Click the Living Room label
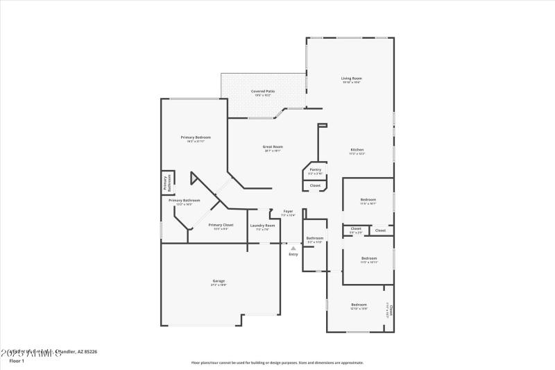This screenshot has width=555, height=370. [351, 78]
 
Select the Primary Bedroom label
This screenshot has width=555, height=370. [196, 137]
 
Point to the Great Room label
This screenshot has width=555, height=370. [273, 146]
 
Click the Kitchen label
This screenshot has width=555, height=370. [357, 150]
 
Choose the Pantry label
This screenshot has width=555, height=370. [315, 169]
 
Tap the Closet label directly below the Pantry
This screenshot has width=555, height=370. [315, 185]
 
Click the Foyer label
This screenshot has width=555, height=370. [288, 211]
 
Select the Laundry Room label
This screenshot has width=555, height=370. [262, 226]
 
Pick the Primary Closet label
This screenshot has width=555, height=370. [221, 225]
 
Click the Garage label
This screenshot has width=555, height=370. [219, 281]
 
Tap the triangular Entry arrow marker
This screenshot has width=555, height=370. [293, 248]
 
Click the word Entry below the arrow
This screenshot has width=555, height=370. [293, 255]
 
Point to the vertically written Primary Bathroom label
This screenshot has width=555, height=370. [166, 183]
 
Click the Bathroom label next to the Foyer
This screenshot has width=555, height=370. [315, 238]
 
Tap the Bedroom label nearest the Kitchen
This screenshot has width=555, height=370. [368, 200]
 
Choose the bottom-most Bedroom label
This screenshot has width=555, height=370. [359, 305]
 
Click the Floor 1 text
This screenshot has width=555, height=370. [17, 361]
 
